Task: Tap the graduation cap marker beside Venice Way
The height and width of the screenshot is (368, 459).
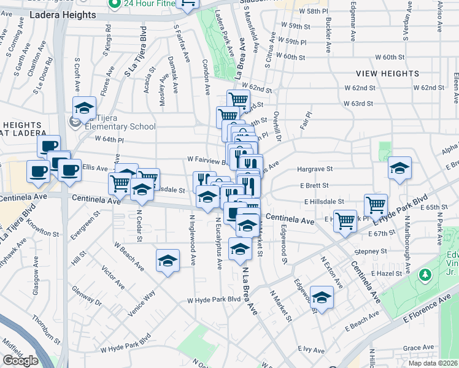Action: (x=168, y=261)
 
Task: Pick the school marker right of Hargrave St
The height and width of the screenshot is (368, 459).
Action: (x=399, y=168)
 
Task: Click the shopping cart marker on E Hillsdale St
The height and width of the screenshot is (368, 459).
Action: (x=375, y=205)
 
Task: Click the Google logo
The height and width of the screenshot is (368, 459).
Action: (x=20, y=361)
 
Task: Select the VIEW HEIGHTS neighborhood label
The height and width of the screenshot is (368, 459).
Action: (x=388, y=74)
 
